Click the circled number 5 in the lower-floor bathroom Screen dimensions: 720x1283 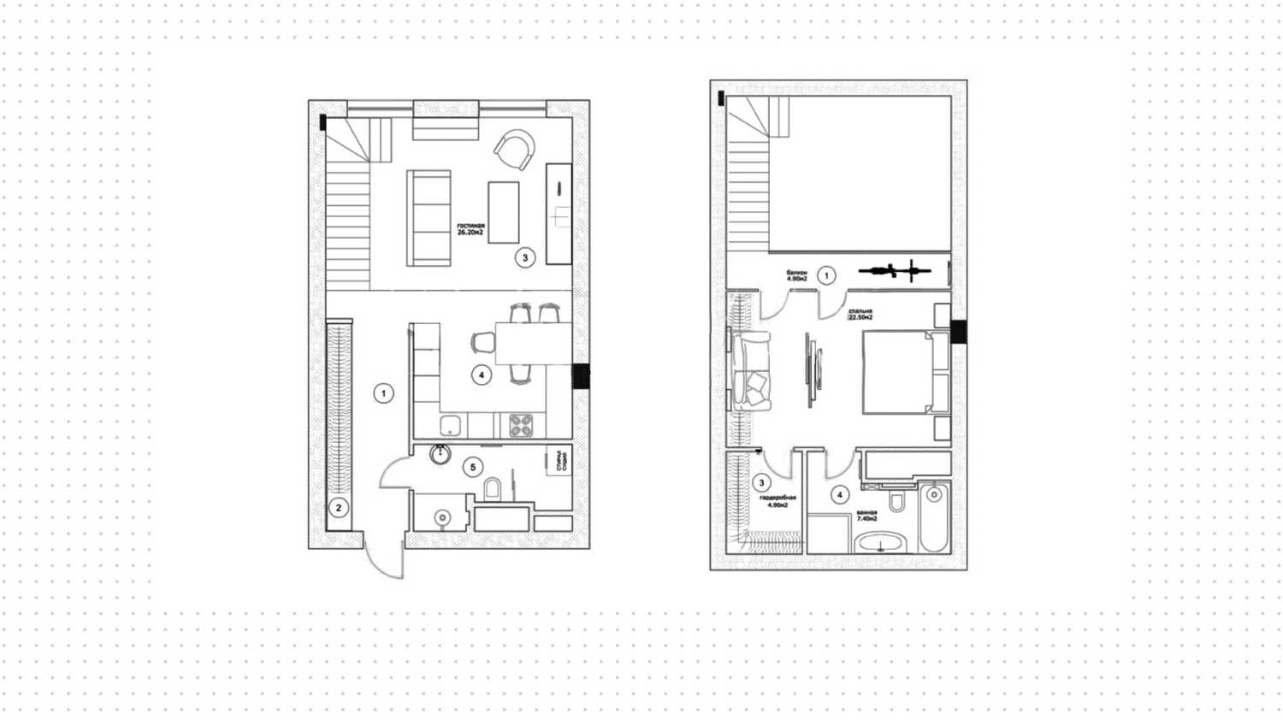472,467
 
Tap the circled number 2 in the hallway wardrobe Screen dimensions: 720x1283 339,508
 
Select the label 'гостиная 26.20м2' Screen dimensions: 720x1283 470,229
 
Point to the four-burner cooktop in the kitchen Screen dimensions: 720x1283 521,425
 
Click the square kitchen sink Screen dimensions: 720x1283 450,425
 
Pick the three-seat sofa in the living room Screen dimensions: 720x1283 429,218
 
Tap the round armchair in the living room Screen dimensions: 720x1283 516,150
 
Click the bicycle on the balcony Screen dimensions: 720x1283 895,272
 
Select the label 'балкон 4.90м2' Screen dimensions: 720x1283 797,275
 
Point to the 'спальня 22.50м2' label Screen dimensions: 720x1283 860,314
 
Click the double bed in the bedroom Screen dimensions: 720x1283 898,372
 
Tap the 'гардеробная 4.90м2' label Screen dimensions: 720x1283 777,501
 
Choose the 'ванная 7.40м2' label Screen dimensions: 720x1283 867,515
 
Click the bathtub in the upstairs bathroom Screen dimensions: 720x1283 934,516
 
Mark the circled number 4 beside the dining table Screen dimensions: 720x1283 482,375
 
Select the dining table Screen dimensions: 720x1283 534,343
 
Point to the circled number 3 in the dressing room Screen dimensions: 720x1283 762,483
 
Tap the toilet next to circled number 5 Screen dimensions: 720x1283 494,489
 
